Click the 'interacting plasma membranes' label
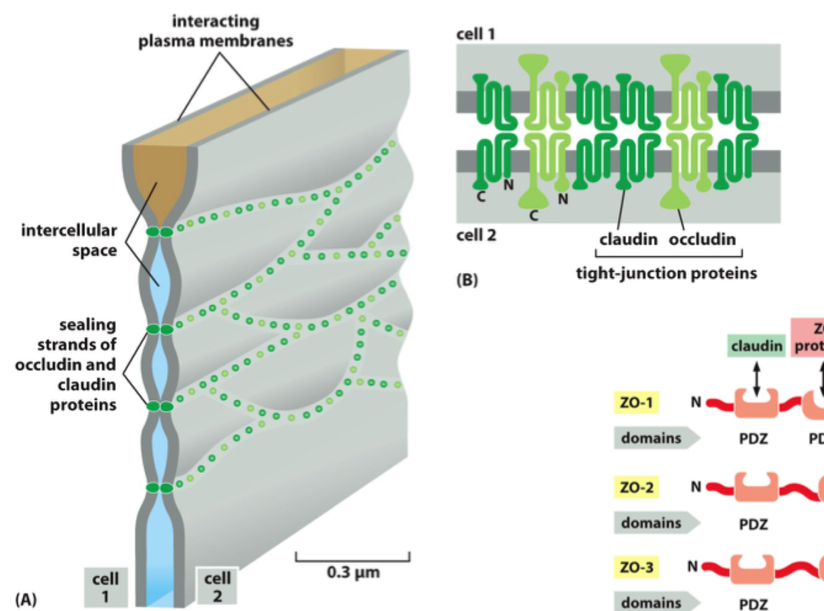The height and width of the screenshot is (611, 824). pos(215,31)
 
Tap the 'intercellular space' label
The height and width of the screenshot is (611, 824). pos(69,240)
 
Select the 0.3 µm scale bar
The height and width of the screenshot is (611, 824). pos(352,558)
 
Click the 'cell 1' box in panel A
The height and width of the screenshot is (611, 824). pos(105,587)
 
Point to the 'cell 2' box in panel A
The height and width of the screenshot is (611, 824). pos(217,586)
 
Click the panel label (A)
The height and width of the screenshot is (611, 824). pos(26,599)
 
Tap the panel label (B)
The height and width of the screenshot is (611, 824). pos(467,280)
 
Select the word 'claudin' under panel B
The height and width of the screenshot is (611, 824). pos(628,239)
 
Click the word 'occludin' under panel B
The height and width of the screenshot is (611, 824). pos(702,239)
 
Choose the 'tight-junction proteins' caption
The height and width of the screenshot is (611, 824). pos(666,273)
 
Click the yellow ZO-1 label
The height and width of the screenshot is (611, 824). pos(636,403)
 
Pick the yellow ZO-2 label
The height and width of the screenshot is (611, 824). pos(636,487)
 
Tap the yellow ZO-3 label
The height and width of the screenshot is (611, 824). pos(636,567)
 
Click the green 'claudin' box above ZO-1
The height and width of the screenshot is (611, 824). pos(756,346)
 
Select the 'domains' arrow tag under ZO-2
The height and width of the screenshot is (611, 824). pos(656,523)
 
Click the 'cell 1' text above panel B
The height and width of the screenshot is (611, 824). pos(475,34)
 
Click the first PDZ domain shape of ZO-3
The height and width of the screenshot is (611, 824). pos(752,569)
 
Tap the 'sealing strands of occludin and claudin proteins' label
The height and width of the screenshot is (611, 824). pos(66,365)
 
